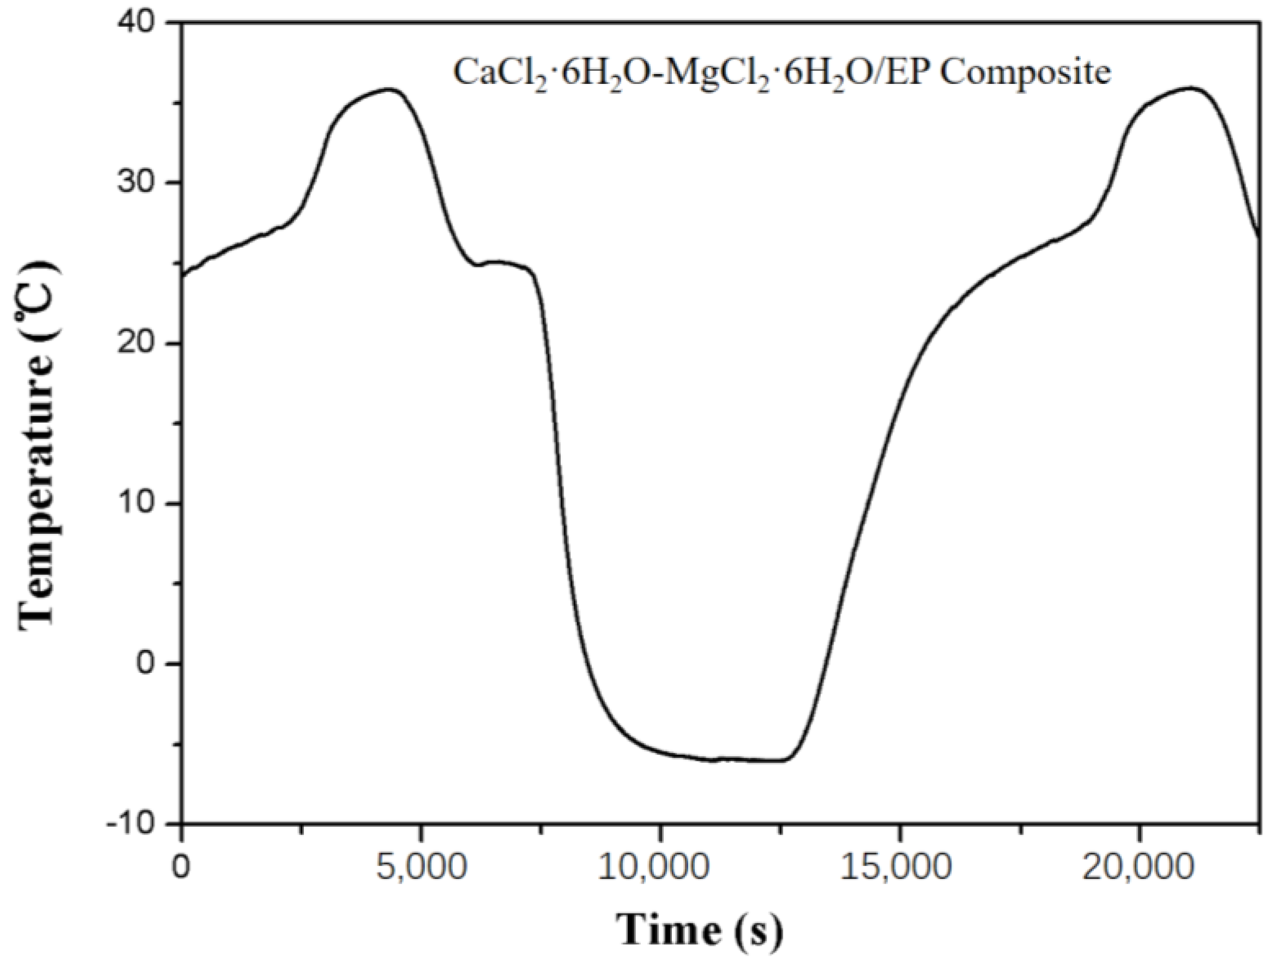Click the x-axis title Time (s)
coord(700,929)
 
